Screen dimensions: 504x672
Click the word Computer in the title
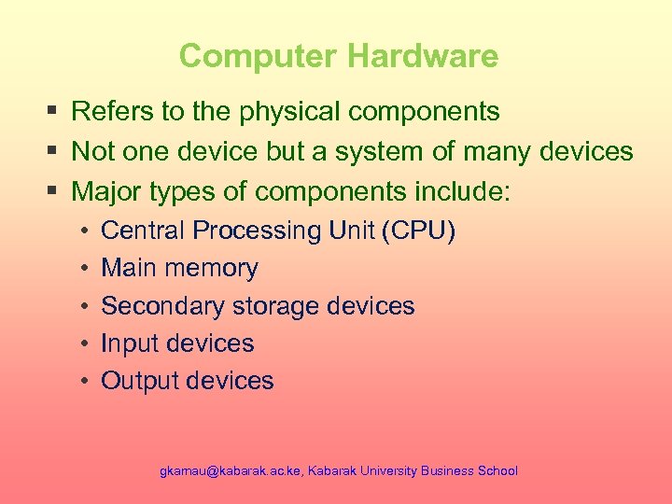coord(258,56)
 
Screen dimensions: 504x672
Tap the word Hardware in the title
coord(422,56)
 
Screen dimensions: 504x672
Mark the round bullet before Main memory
coord(83,269)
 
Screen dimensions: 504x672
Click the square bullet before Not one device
coord(52,151)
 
